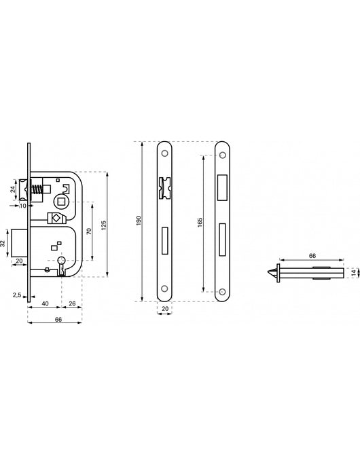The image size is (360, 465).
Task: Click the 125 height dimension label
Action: tap(104, 225)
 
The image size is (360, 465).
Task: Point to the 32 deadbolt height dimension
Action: tap(4, 243)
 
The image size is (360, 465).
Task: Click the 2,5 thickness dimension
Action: tap(16, 295)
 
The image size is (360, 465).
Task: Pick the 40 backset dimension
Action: tap(44, 303)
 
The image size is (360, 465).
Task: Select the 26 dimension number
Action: tap(72, 303)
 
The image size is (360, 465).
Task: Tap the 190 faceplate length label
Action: tap(138, 221)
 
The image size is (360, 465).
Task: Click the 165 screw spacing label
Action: tap(199, 223)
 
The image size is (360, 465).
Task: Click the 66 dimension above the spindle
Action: tap(312, 255)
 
